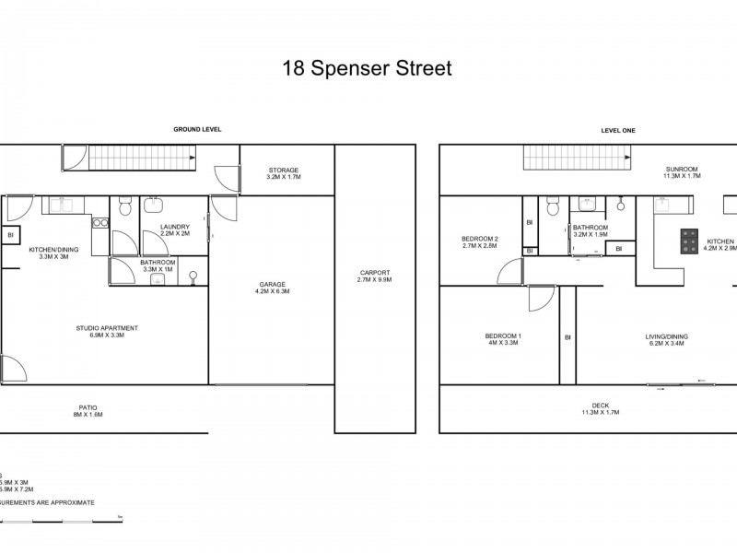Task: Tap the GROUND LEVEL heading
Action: click(x=197, y=130)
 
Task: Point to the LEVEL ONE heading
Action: click(x=618, y=130)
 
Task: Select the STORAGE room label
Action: click(x=283, y=170)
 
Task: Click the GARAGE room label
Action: click(x=272, y=284)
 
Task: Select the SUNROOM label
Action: click(x=682, y=170)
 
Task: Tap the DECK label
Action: click(x=600, y=406)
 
